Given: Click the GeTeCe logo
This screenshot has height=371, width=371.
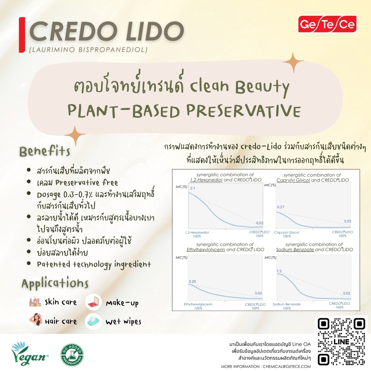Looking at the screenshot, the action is tap(327, 24).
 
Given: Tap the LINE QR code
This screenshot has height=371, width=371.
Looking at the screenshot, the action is tap(341, 342).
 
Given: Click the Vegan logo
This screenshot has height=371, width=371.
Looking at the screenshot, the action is tap(29, 354).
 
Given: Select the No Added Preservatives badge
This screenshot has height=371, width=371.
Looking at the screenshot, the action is tap(72, 355).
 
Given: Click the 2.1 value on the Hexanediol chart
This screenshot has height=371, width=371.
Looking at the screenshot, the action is tap(193, 188).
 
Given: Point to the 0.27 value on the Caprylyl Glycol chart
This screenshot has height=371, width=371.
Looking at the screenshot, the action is tap(281, 207).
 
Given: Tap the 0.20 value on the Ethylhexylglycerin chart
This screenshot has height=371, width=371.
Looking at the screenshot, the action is tap(192, 281).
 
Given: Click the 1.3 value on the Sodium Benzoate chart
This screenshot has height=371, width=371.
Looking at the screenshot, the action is tap(279, 271).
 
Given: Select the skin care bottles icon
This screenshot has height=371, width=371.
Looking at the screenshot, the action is tap(35, 302).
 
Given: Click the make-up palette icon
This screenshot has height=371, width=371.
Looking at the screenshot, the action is tap(93, 302).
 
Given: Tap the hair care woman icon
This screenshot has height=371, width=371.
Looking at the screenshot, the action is tap(36, 320).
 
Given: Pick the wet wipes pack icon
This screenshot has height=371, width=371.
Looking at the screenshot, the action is tap(93, 321).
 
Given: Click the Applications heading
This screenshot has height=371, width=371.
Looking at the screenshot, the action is tap(55, 283).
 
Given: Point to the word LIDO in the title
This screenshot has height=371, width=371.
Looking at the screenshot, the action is tap(155, 31).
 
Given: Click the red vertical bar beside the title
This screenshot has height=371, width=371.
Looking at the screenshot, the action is tap(22, 35).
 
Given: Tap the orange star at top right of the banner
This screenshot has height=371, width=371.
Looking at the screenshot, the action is tap(293, 62).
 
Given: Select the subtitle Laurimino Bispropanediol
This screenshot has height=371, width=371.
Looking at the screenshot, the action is tap(88, 50).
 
